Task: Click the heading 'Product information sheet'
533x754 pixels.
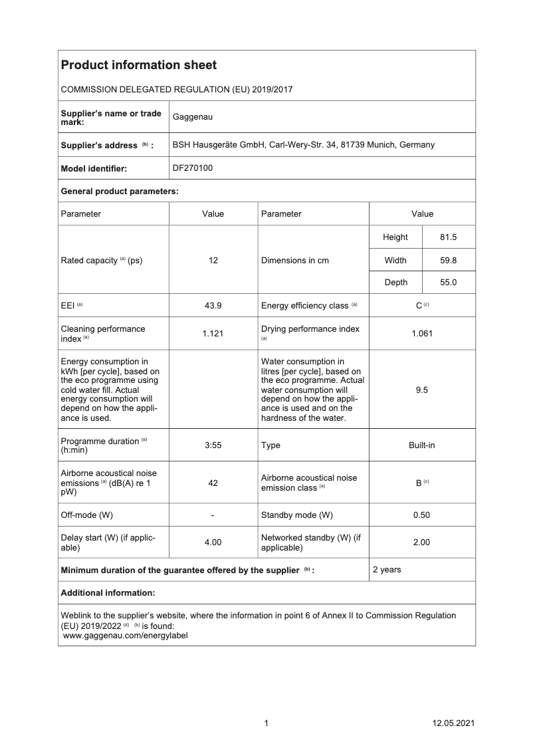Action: (138, 65)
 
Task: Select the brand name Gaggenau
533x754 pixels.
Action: (192, 117)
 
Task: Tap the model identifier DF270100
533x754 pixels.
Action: (192, 168)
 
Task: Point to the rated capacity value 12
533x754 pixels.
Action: (213, 260)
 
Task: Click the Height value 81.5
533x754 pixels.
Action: (449, 237)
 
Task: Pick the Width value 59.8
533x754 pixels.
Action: (449, 260)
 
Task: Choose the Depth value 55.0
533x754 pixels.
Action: (449, 283)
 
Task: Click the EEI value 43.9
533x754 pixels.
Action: (213, 305)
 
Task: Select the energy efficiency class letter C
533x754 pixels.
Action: (419, 305)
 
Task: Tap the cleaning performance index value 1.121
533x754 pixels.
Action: (213, 333)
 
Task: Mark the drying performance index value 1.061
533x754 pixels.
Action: (421, 333)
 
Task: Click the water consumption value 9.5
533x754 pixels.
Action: (421, 390)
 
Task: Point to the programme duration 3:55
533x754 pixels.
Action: (213, 445)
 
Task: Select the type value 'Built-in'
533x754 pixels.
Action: (421, 445)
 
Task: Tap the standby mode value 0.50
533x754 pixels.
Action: (421, 515)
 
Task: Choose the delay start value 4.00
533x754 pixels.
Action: (213, 543)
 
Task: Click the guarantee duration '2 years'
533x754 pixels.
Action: (387, 570)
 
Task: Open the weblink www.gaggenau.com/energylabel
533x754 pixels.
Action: (125, 635)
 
